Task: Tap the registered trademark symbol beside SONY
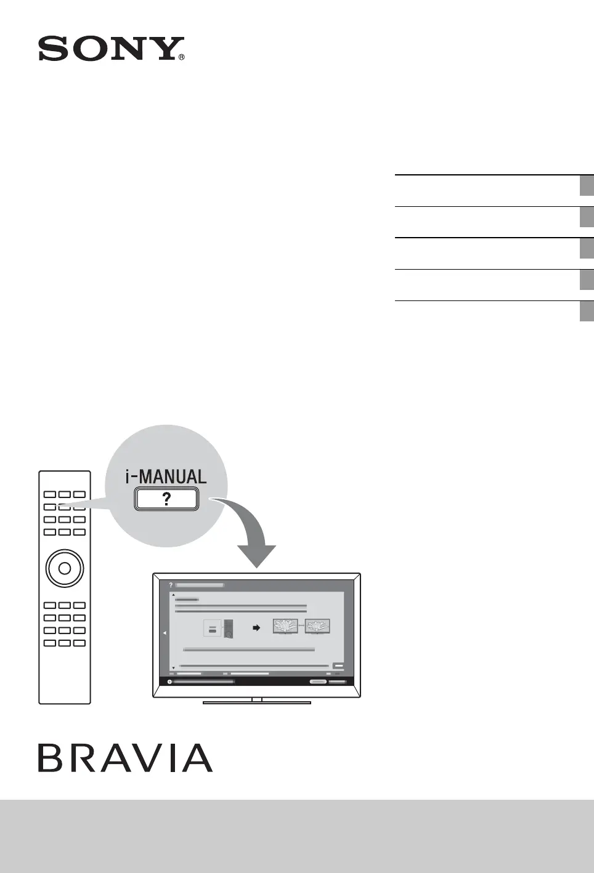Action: (181, 57)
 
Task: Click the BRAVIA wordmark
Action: (125, 757)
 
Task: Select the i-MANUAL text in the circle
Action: (166, 477)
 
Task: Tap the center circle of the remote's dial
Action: (65, 568)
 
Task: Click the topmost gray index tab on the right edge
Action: (587, 185)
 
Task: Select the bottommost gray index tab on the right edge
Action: (587, 312)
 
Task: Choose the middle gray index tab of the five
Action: (587, 248)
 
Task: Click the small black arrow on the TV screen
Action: (257, 628)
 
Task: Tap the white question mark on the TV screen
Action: (171, 585)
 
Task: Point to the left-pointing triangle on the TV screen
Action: (165, 633)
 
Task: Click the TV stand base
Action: (257, 702)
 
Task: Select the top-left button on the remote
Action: (50, 494)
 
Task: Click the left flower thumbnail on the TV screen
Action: (285, 626)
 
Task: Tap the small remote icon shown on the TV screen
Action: (229, 629)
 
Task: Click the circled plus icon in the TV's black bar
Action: (169, 682)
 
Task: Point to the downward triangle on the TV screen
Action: (174, 667)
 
